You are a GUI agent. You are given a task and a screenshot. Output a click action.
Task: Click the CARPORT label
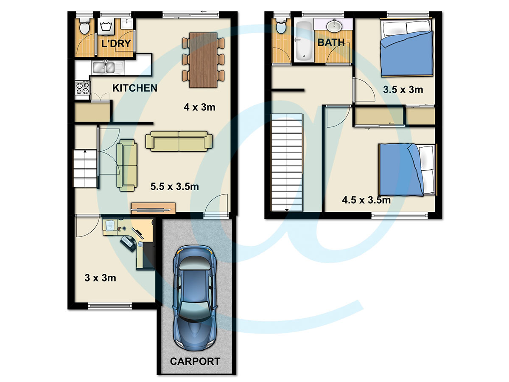[x=195, y=361]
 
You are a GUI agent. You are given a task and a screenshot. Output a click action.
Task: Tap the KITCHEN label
[x=135, y=88]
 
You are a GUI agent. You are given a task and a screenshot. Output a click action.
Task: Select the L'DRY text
[x=116, y=44]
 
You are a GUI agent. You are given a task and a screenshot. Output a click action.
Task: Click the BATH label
[x=331, y=42]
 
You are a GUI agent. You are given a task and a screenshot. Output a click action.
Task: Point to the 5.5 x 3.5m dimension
[x=175, y=186]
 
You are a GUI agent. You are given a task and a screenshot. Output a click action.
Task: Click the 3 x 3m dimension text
[x=100, y=278]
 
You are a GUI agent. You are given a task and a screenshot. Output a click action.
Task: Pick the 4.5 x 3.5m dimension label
[x=366, y=200]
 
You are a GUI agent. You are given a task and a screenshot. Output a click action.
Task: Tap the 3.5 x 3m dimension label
[x=403, y=90]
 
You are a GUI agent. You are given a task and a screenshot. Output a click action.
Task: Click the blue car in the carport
[x=195, y=298]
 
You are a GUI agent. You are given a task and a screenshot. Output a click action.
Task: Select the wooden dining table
[x=203, y=60]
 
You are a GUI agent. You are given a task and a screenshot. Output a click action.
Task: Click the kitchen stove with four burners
[x=82, y=88]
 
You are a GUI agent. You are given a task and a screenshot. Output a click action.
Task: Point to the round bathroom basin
[x=334, y=26]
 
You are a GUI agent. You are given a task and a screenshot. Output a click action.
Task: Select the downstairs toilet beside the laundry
[x=84, y=27]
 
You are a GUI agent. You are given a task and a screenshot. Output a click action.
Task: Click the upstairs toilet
[x=281, y=26]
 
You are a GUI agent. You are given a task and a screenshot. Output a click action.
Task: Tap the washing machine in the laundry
[x=106, y=27]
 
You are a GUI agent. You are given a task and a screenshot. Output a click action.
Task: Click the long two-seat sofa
[x=179, y=141]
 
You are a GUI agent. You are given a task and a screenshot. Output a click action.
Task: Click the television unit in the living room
[x=153, y=208]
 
